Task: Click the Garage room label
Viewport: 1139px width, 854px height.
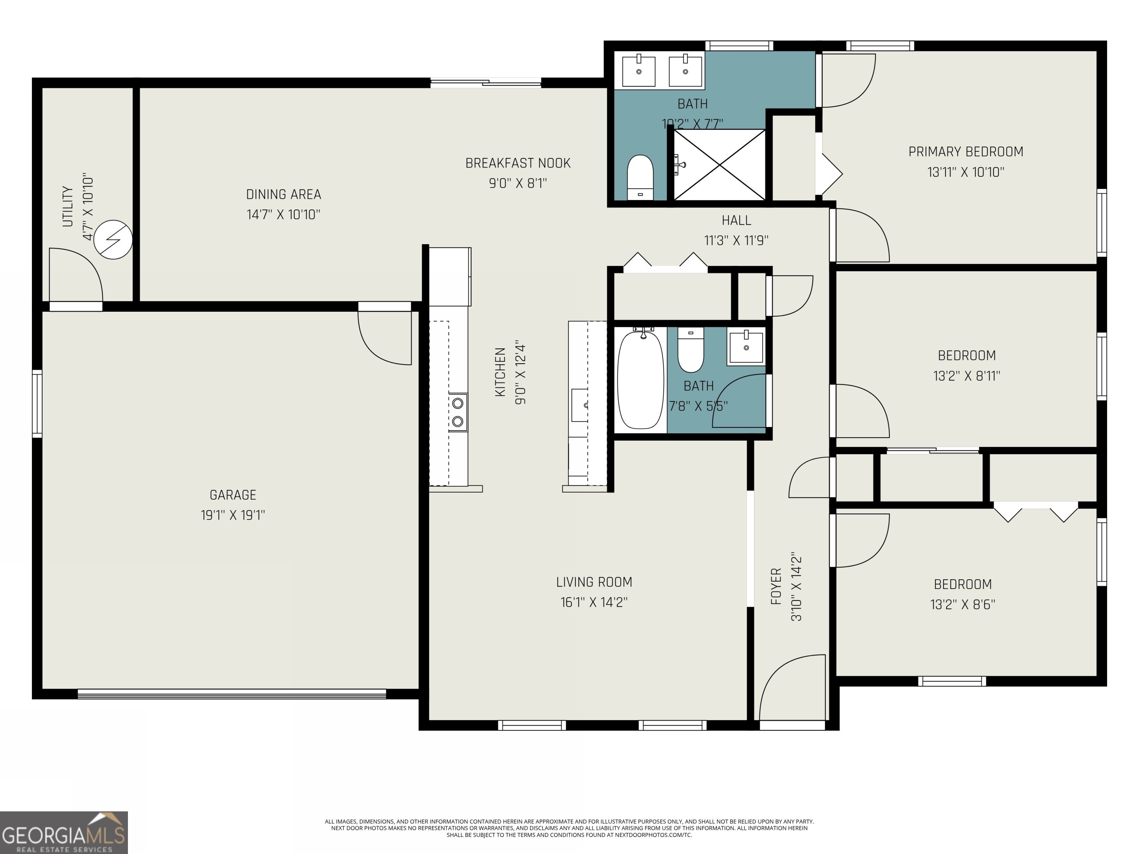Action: [233, 495]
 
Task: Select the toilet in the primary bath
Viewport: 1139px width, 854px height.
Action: [640, 177]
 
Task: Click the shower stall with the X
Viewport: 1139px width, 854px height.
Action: [719, 164]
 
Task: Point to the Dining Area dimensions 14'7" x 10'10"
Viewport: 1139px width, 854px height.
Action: [283, 214]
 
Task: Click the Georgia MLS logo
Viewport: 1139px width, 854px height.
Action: [63, 833]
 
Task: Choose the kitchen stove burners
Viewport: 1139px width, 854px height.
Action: [457, 412]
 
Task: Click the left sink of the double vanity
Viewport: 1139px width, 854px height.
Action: [638, 72]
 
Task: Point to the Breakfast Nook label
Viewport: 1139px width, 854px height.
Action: [518, 163]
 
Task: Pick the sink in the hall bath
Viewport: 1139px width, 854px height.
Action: [746, 347]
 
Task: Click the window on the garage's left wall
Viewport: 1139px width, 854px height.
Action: [37, 404]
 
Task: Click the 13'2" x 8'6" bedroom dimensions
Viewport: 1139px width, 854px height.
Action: [963, 604]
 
